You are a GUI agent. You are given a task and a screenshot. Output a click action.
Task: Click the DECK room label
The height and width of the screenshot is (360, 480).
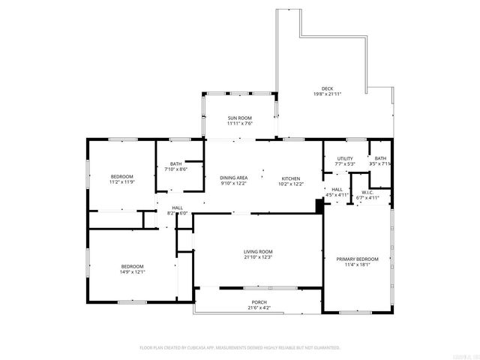327,89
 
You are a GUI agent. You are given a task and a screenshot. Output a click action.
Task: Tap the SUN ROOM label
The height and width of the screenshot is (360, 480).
240,118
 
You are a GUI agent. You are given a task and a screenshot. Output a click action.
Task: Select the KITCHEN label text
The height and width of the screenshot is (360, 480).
291,178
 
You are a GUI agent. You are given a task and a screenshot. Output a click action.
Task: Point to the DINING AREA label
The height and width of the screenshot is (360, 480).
234,178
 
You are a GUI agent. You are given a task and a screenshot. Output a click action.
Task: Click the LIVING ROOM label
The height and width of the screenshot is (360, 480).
257,251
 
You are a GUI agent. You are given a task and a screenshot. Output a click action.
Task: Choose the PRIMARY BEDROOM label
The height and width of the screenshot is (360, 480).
357,259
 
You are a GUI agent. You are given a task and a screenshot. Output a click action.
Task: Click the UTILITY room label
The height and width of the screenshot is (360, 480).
344,158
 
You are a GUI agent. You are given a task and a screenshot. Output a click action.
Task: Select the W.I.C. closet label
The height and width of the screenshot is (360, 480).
367,192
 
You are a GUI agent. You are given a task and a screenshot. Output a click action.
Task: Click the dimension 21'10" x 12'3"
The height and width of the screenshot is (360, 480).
257,257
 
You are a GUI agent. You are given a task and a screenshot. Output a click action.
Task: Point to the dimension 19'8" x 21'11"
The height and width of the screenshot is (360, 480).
327,94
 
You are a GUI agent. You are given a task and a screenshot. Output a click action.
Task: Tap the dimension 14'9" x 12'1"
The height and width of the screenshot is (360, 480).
133,271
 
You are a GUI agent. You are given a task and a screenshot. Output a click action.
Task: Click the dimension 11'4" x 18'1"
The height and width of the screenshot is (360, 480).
357,265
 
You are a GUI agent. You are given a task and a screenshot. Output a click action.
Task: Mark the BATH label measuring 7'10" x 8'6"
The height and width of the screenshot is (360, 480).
175,163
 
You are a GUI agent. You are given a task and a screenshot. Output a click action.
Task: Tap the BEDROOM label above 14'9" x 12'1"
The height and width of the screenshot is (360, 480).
133,266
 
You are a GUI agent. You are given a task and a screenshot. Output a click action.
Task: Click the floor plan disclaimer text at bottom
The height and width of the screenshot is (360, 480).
240,347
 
